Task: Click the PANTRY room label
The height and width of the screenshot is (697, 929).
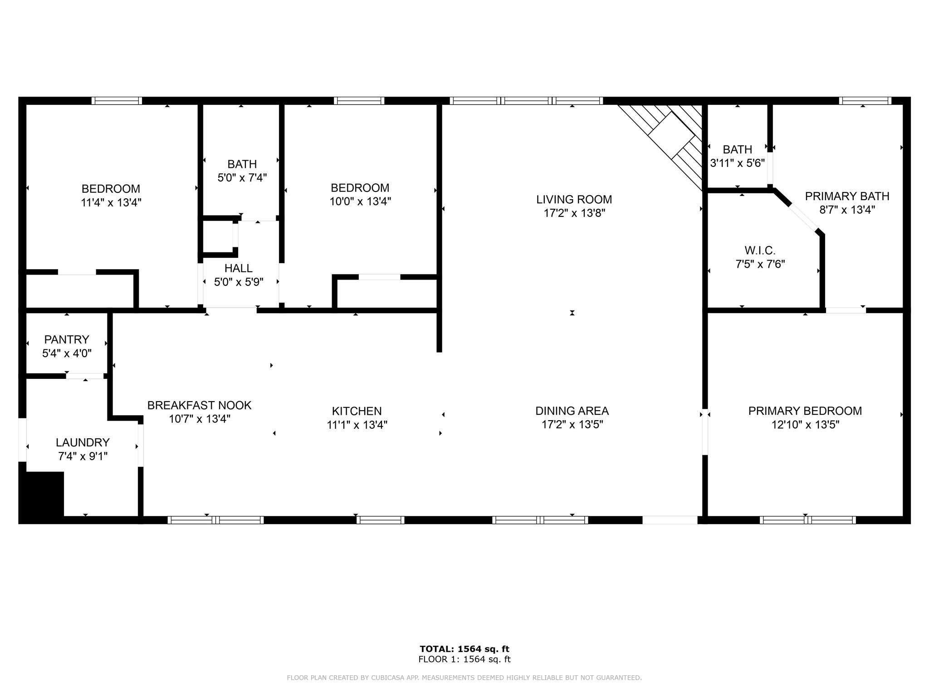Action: coord(67,339)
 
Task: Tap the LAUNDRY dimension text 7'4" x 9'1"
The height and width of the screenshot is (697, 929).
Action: coord(83,456)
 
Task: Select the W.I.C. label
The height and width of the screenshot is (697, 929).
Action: coord(760,250)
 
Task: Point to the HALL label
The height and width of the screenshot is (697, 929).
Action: coord(239,268)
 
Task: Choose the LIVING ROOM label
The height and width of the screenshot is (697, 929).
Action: coord(574,199)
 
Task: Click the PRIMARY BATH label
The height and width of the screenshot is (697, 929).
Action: coord(847,196)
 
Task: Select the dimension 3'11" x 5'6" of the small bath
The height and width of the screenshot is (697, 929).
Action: coord(737,163)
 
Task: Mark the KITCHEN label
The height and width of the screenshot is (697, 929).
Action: coord(357,411)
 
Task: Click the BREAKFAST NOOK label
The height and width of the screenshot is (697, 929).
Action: coord(199,405)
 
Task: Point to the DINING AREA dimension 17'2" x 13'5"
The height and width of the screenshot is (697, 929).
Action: coord(572,425)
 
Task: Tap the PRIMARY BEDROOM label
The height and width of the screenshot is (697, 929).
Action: coord(805,411)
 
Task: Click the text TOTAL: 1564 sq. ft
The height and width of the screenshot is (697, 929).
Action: coord(464,649)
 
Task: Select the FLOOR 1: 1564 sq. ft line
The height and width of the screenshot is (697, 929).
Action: coord(464,659)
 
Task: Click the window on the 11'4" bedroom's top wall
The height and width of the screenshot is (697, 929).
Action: coord(117,101)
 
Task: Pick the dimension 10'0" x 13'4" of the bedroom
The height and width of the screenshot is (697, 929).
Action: coord(360,201)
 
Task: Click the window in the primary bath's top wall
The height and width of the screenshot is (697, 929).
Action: coord(865,101)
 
